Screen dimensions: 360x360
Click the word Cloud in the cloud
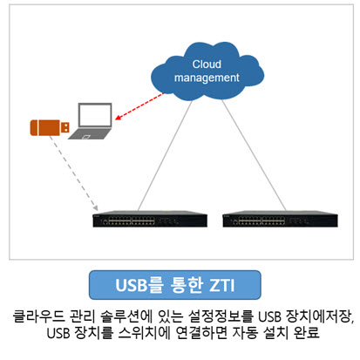click(x=207, y=64)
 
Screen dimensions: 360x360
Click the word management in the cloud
click(x=207, y=78)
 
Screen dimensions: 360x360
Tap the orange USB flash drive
click(x=50, y=127)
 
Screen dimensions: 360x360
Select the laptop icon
click(x=91, y=121)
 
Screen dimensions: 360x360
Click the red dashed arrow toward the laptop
click(x=139, y=106)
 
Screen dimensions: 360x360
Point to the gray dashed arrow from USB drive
click(x=73, y=173)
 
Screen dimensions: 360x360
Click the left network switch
click(x=150, y=219)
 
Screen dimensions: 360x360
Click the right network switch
click(x=280, y=219)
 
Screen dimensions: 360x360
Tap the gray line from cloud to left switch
click(x=165, y=155)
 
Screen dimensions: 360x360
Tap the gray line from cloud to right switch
click(x=255, y=155)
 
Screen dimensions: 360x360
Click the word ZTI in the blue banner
click(x=222, y=285)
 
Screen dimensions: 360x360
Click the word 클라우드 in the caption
click(x=39, y=316)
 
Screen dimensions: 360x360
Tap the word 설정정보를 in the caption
click(x=221, y=316)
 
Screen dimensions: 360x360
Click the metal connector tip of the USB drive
click(x=65, y=127)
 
